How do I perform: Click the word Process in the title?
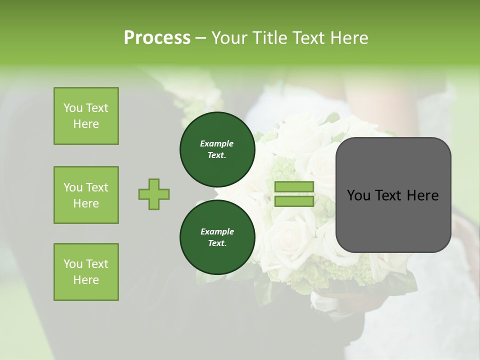pos(157,37)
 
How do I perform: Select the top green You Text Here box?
pos(86,116)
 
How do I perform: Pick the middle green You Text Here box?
pos(86,195)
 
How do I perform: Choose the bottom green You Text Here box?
pos(86,272)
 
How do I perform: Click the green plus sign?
pos(154,194)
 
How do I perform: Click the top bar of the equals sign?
pos(294,187)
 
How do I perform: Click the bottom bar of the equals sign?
pos(294,201)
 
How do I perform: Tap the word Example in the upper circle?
pos(217,143)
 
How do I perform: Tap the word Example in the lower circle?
pos(217,231)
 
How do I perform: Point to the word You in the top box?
pos(73,108)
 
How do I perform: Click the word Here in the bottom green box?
pos(86,280)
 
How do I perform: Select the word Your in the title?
pos(229,37)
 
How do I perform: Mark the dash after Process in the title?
pos(201,38)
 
